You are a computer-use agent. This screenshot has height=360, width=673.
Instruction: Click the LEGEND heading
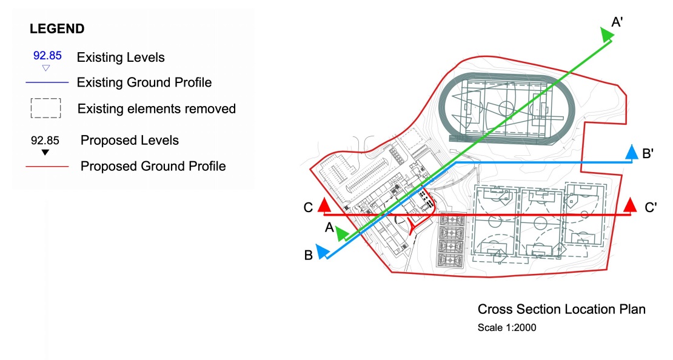[x=57, y=28]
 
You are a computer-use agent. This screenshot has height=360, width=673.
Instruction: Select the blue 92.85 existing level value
[x=47, y=55]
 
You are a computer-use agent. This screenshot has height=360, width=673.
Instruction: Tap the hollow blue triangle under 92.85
[x=46, y=68]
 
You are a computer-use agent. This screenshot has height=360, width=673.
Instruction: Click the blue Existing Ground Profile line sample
[x=47, y=82]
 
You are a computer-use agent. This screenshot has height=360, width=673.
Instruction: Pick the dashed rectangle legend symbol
[x=46, y=108]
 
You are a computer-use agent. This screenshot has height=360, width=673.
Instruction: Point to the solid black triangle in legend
[x=45, y=152]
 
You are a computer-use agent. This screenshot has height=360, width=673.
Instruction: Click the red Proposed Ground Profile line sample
[x=47, y=166]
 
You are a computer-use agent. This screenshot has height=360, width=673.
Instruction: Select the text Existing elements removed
[x=156, y=108]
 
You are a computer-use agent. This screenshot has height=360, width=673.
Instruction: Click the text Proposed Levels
[x=130, y=141]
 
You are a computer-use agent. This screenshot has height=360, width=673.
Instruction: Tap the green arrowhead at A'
[x=606, y=35]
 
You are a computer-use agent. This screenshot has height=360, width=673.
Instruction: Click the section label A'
[x=617, y=22]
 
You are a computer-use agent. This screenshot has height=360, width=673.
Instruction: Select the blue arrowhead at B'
[x=632, y=153]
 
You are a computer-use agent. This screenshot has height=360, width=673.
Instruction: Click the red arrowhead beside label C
[x=324, y=205]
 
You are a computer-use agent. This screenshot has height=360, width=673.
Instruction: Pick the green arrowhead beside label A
[x=342, y=234]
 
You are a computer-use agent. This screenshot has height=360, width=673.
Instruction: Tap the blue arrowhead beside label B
[x=323, y=252]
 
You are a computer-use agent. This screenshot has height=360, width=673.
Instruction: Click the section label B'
[x=648, y=153]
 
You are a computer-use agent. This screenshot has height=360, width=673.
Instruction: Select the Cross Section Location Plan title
[x=561, y=309]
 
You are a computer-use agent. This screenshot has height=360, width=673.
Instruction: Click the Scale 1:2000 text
[x=507, y=327]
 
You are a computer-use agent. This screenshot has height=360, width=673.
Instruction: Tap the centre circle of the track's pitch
[x=506, y=108]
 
